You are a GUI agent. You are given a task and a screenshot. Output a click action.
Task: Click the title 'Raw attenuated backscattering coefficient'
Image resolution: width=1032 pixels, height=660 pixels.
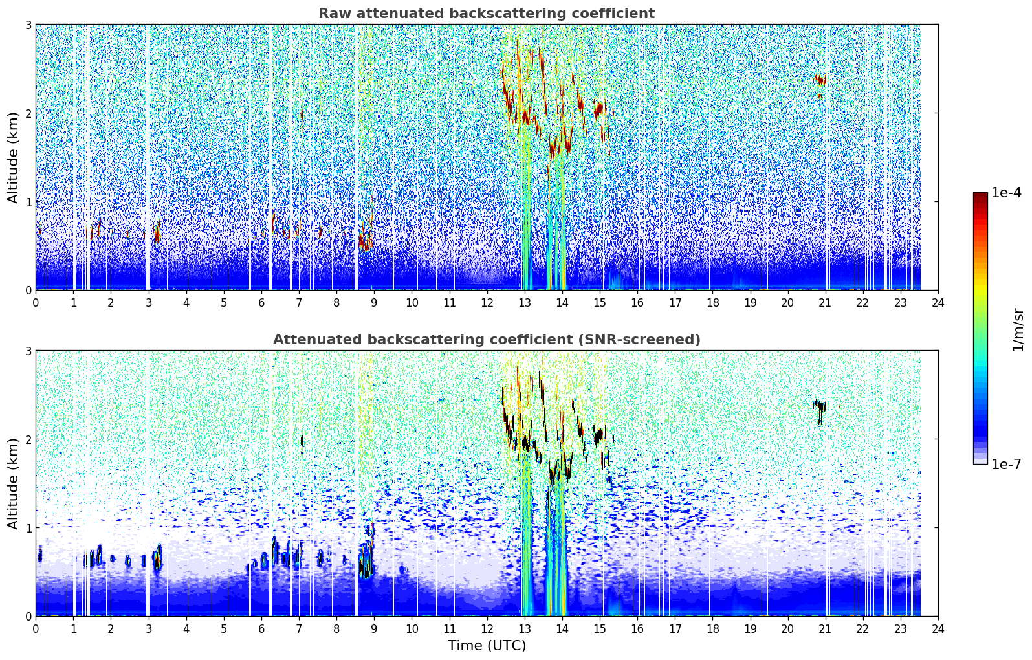487,14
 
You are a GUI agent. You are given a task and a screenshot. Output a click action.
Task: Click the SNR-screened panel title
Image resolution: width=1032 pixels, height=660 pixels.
487,340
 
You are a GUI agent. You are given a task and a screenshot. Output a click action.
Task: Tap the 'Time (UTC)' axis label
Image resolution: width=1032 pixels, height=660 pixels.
487,646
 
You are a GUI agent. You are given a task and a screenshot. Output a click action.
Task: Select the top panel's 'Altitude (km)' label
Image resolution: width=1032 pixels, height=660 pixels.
13,158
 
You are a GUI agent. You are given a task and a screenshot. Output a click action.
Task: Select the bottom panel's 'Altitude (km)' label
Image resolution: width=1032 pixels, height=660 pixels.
13,483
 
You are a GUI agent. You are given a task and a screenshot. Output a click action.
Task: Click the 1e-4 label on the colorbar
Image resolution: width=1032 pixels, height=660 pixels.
1006,193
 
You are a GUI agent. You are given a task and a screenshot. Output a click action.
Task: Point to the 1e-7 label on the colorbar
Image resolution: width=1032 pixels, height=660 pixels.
1006,464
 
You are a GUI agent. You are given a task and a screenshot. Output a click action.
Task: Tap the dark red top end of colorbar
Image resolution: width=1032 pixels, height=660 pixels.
980,195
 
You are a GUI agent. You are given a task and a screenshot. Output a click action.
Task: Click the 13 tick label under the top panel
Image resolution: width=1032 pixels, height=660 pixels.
524,303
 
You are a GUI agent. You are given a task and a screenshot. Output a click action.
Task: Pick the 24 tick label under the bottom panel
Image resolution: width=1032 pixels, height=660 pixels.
938,629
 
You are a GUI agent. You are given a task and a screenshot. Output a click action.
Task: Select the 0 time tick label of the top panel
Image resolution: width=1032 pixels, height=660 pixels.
36,303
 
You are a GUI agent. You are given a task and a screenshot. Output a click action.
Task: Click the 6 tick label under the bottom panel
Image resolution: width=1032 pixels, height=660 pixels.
261,629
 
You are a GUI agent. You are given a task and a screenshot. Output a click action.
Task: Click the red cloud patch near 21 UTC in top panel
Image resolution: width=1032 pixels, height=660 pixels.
820,81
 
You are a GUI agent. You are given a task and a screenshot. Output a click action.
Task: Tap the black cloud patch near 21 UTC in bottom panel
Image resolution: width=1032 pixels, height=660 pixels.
820,406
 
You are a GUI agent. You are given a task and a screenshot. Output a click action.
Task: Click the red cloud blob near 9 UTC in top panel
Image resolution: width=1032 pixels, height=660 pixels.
366,237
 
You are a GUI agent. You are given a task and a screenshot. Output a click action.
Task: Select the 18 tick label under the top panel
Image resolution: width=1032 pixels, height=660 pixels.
712,303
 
